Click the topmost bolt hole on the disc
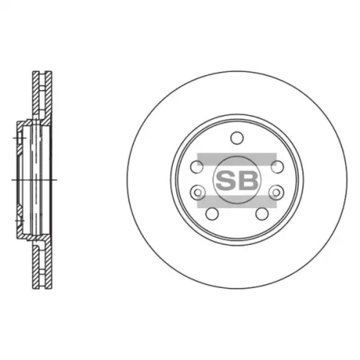tap(237, 138)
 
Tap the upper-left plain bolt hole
tap(197, 167)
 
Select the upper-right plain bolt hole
tap(277, 167)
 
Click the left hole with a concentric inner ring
tap(197, 192)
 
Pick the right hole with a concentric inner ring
tap(277, 192)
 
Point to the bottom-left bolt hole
tap(212, 214)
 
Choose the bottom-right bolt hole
tap(262, 214)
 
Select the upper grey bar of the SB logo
tap(237, 160)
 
